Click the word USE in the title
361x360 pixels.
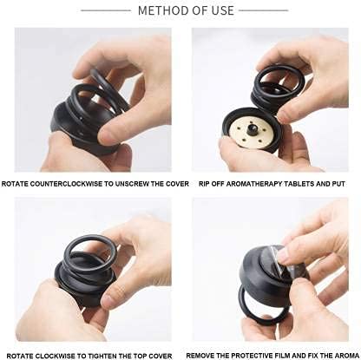[222, 10]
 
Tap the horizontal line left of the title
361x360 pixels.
[106, 10]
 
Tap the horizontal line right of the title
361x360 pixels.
[264, 10]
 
